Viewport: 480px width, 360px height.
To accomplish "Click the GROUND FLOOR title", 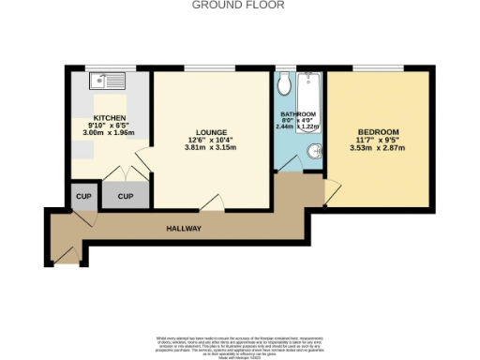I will point(238,5).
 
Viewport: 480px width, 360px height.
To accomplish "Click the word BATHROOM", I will point(299,114).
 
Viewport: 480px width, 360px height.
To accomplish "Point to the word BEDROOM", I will point(380,131).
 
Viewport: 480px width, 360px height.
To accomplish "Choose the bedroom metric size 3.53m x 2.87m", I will point(380,147).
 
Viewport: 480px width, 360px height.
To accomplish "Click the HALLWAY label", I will point(185,228).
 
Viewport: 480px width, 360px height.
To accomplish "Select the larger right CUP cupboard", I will point(125,196).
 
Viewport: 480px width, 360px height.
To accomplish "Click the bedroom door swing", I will point(330,190).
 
